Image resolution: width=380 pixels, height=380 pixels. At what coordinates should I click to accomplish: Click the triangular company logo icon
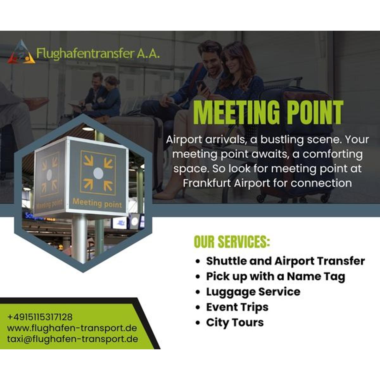(21, 52)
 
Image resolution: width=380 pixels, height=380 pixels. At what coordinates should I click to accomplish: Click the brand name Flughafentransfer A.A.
(98, 54)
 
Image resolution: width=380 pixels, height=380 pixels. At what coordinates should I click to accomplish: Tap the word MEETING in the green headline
(236, 112)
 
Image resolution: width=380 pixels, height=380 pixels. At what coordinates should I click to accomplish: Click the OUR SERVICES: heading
(232, 242)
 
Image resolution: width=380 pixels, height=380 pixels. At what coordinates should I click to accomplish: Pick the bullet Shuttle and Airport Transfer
(285, 261)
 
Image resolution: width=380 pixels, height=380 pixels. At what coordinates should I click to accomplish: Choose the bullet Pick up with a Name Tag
(276, 276)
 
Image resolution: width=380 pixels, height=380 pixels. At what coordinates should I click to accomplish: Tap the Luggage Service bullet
(253, 292)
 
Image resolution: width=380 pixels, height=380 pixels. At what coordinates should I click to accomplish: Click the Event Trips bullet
(237, 307)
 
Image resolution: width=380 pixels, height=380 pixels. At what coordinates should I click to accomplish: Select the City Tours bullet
(235, 323)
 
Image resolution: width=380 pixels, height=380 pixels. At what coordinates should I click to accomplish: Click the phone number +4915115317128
(40, 317)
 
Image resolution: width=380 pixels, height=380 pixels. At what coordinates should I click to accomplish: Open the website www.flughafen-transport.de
(72, 328)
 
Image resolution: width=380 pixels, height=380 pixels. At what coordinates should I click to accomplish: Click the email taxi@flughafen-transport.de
(73, 339)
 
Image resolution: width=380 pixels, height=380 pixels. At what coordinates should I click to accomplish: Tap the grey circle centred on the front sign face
(98, 174)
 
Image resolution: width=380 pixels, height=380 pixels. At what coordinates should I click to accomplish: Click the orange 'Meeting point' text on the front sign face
(97, 203)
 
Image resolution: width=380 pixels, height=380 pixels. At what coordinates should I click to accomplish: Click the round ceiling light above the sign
(88, 129)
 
